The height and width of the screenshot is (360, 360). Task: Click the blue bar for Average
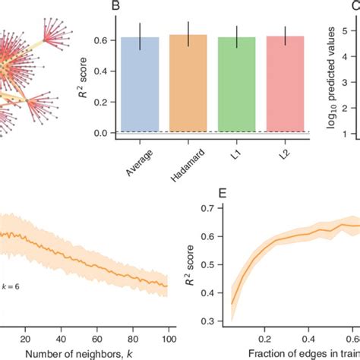click(140, 84)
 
